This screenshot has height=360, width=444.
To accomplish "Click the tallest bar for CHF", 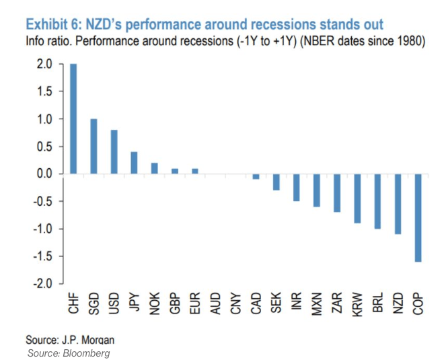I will [x=73, y=118].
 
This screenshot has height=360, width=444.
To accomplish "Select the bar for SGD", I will [x=94, y=146].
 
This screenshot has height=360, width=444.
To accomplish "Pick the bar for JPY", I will [x=135, y=163].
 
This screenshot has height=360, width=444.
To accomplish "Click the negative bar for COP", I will [x=419, y=217].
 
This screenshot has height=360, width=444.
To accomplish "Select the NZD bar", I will [x=398, y=204].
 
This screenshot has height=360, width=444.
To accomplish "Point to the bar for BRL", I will [x=378, y=201].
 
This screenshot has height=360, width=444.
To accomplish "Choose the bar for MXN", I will [x=317, y=190].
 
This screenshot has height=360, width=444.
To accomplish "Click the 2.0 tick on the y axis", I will [x=44, y=64].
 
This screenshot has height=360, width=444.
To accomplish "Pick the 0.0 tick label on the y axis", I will [x=44, y=174].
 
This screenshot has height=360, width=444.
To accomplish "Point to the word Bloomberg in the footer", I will [x=86, y=353].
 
